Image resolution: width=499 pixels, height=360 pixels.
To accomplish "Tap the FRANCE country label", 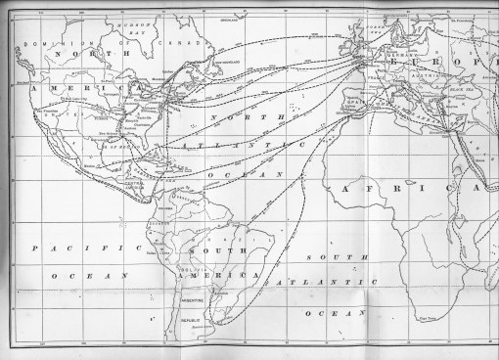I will coord(373,81).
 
